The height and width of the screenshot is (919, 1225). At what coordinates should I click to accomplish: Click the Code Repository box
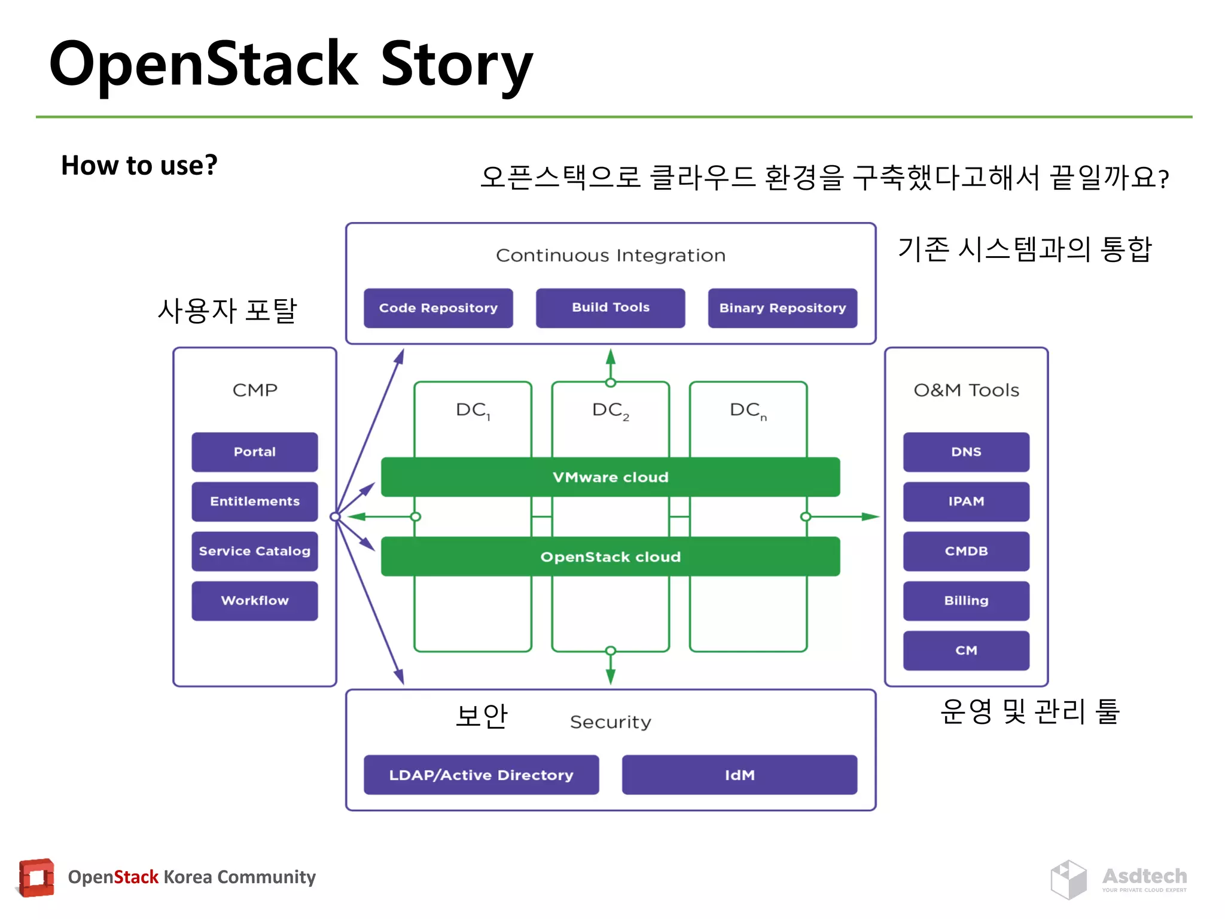(438, 308)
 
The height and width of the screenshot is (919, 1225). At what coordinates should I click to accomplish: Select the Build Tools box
(610, 308)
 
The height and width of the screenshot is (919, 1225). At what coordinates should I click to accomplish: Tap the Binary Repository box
(782, 308)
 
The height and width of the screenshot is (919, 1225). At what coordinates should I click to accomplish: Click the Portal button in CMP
(254, 452)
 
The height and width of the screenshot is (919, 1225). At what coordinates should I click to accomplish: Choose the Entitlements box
(254, 501)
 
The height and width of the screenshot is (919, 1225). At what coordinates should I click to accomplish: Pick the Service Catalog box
(254, 551)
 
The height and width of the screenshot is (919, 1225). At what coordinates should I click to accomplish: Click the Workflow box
(254, 601)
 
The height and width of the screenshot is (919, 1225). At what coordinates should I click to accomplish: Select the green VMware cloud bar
(610, 477)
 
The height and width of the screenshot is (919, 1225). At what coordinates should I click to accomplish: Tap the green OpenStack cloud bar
(610, 556)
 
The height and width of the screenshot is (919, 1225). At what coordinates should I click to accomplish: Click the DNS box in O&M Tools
(966, 452)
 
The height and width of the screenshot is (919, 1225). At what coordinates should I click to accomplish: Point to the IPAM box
(966, 501)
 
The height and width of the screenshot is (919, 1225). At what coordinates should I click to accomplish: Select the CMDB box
(966, 551)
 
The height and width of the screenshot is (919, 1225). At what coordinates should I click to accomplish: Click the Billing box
(966, 601)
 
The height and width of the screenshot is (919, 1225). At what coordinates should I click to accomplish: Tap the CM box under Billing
(966, 650)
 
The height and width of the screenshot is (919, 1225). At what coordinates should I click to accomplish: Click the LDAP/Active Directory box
(481, 775)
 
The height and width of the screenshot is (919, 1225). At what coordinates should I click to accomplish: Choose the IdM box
(739, 775)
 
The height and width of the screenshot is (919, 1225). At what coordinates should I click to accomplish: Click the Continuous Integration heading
(610, 255)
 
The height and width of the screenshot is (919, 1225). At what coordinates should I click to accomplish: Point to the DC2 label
(610, 410)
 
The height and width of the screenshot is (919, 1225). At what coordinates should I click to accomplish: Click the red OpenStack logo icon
(36, 878)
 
